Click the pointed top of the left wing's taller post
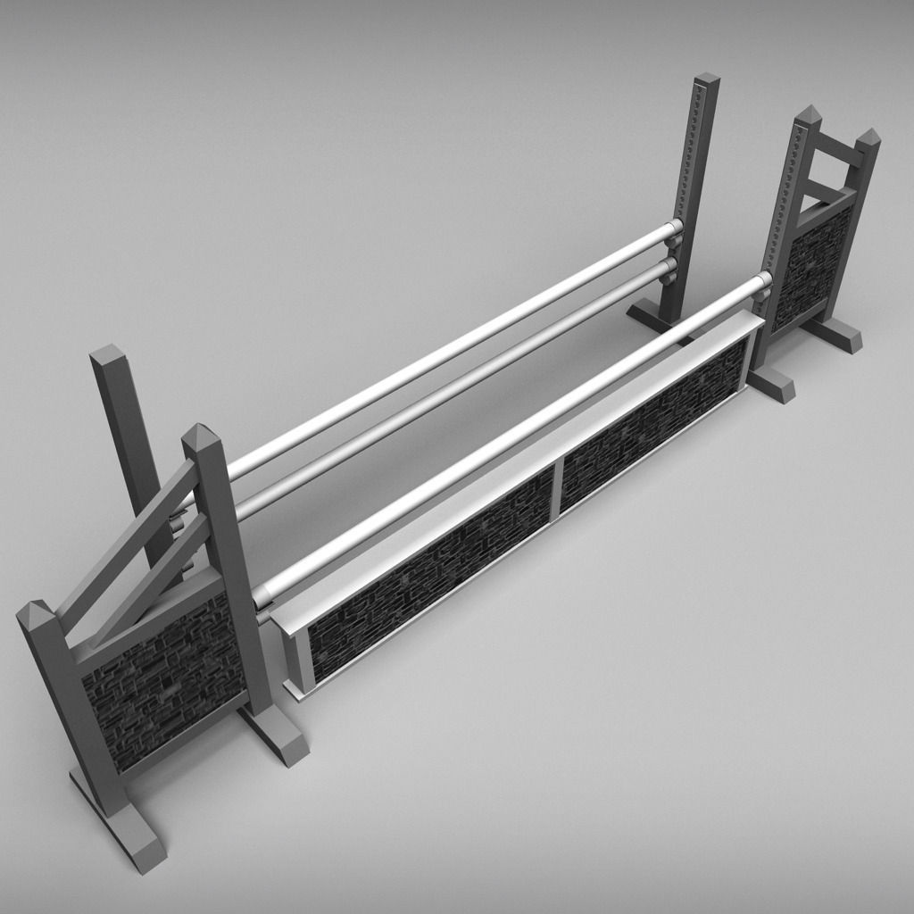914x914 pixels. point(201,437)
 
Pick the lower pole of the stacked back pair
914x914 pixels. point(446,393)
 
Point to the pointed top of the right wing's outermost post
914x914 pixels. point(868,137)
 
